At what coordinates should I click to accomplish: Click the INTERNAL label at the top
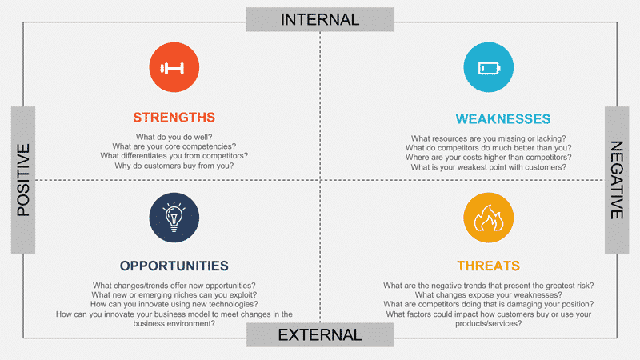(320, 19)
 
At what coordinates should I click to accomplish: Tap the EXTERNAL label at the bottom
(320, 335)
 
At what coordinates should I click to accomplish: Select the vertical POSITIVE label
(23, 179)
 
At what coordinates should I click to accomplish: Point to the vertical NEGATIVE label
(617, 180)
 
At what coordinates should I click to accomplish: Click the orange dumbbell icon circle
(174, 67)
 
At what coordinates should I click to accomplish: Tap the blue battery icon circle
(487, 67)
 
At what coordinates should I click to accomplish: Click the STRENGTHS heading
(174, 118)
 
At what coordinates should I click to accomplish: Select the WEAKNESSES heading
(503, 119)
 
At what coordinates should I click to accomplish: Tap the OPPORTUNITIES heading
(174, 266)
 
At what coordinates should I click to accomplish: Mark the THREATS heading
(488, 266)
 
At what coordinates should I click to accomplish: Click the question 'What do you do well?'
(174, 137)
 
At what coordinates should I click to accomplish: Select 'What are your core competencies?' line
(174, 146)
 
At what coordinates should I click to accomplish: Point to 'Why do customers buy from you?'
(174, 166)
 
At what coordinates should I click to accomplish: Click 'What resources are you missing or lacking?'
(488, 138)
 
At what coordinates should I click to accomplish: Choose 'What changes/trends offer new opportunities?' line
(174, 286)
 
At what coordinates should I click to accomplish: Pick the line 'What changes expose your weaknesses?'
(488, 295)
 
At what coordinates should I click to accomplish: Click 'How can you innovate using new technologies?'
(174, 305)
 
